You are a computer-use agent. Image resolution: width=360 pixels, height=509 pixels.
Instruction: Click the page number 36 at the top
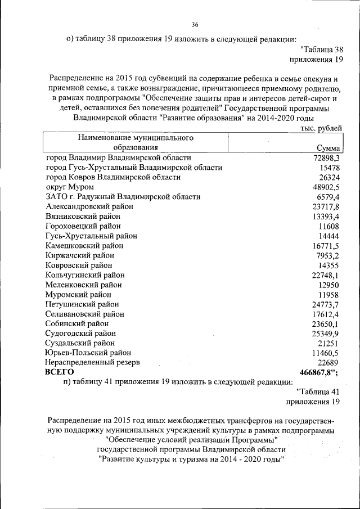[x=195, y=25]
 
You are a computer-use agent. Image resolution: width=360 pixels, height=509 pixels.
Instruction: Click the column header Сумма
[x=329, y=148]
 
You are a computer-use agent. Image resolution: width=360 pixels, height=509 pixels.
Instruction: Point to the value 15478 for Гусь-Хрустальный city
[x=330, y=168]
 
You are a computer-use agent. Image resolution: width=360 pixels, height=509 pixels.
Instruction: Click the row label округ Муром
[x=70, y=187]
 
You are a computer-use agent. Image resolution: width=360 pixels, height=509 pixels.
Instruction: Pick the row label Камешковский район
[x=84, y=246]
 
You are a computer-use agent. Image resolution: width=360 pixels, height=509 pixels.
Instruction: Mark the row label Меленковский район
[x=84, y=285]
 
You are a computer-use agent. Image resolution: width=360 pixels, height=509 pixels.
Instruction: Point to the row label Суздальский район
[x=80, y=343]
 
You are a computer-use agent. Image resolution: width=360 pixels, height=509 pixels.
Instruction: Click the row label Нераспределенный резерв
[x=93, y=362]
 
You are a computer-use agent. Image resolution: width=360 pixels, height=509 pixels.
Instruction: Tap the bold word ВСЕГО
[x=60, y=372]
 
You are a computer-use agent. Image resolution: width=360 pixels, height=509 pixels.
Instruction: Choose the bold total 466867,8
[x=318, y=372]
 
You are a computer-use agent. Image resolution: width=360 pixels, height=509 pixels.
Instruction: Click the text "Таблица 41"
[x=318, y=391]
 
